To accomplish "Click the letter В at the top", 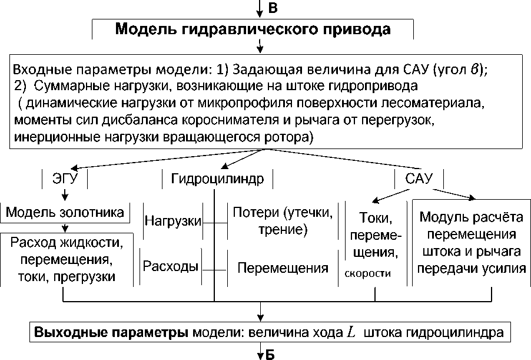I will (272, 8).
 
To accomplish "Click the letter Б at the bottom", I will (270, 354).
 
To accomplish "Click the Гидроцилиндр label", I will (218, 178).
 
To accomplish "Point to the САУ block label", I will (419, 178).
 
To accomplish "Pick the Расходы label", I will (170, 266).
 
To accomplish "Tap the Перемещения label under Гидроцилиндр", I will (282, 268).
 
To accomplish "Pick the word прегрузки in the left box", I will (89, 276).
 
